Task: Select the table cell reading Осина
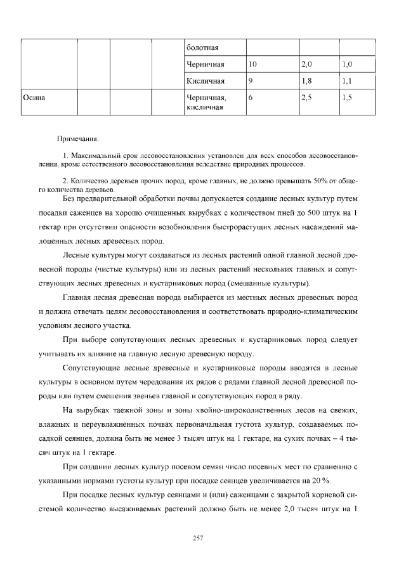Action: pyautogui.click(x=33, y=98)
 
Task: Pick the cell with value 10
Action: pyautogui.click(x=252, y=65)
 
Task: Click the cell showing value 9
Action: pyautogui.click(x=251, y=81)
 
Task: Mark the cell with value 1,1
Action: pyautogui.click(x=346, y=81)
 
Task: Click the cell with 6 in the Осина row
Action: pyautogui.click(x=251, y=98)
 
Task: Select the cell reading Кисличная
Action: pyautogui.click(x=206, y=81)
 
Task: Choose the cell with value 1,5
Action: pyautogui.click(x=346, y=98)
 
